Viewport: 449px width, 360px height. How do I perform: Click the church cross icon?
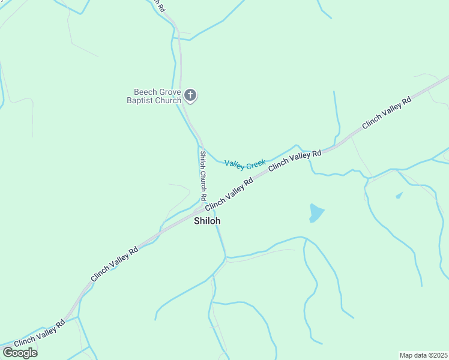point(190,95)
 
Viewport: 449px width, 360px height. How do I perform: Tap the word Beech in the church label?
point(145,92)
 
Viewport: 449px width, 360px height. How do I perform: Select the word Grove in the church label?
point(170,92)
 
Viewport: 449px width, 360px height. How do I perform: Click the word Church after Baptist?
point(169,100)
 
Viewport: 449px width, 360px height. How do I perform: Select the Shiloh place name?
point(207,221)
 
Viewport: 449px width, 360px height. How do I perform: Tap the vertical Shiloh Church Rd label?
point(203,175)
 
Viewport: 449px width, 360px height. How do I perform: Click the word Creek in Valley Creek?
point(256,163)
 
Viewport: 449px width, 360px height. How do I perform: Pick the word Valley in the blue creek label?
point(234,164)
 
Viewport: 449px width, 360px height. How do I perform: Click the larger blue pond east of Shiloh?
point(316,212)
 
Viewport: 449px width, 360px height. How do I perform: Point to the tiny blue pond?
point(399,195)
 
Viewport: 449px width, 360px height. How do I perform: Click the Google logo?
point(19,353)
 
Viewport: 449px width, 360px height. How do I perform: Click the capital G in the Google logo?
point(7,353)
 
